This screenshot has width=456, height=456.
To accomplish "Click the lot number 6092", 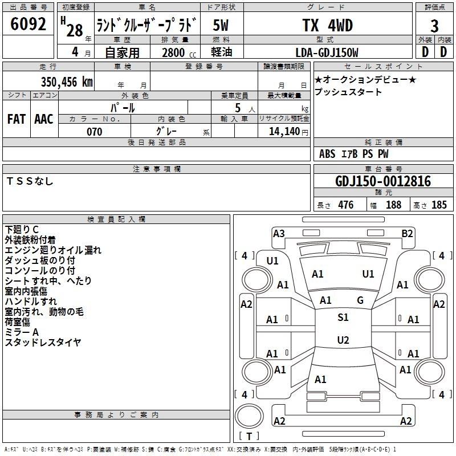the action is coord(28,24).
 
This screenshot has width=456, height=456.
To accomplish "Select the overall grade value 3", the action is coord(434,26).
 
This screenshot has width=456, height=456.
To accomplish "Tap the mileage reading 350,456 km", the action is coord(67,82).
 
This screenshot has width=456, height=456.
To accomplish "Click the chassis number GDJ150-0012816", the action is coord(383,181).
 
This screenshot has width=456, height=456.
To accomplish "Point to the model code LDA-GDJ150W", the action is coord(327,52).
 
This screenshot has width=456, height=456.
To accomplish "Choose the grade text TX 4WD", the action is coord(327,25).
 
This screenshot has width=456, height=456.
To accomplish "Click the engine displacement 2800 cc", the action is coord(179,52).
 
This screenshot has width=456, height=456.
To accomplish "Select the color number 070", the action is coord(95,132).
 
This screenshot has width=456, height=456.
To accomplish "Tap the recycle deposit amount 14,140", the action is coord(284,132).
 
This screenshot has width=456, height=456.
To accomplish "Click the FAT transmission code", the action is coord(17,119).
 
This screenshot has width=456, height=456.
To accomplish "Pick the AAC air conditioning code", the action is coord(44,119).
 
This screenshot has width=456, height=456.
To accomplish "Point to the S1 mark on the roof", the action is coord(343,317).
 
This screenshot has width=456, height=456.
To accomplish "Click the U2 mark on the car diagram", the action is coord(343,340).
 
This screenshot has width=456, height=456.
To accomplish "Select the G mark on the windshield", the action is coord(360,300).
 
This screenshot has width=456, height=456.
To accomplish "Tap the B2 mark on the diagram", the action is coord(407,234).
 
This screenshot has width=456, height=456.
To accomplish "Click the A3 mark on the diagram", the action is coord(279,234).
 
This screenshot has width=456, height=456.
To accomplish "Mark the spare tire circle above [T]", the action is coord(249,416).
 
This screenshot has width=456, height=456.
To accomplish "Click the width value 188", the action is coord(393,205).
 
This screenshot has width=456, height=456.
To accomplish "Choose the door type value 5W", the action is coord(221,25).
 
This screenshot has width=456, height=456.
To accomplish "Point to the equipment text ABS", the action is coord(327,154).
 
